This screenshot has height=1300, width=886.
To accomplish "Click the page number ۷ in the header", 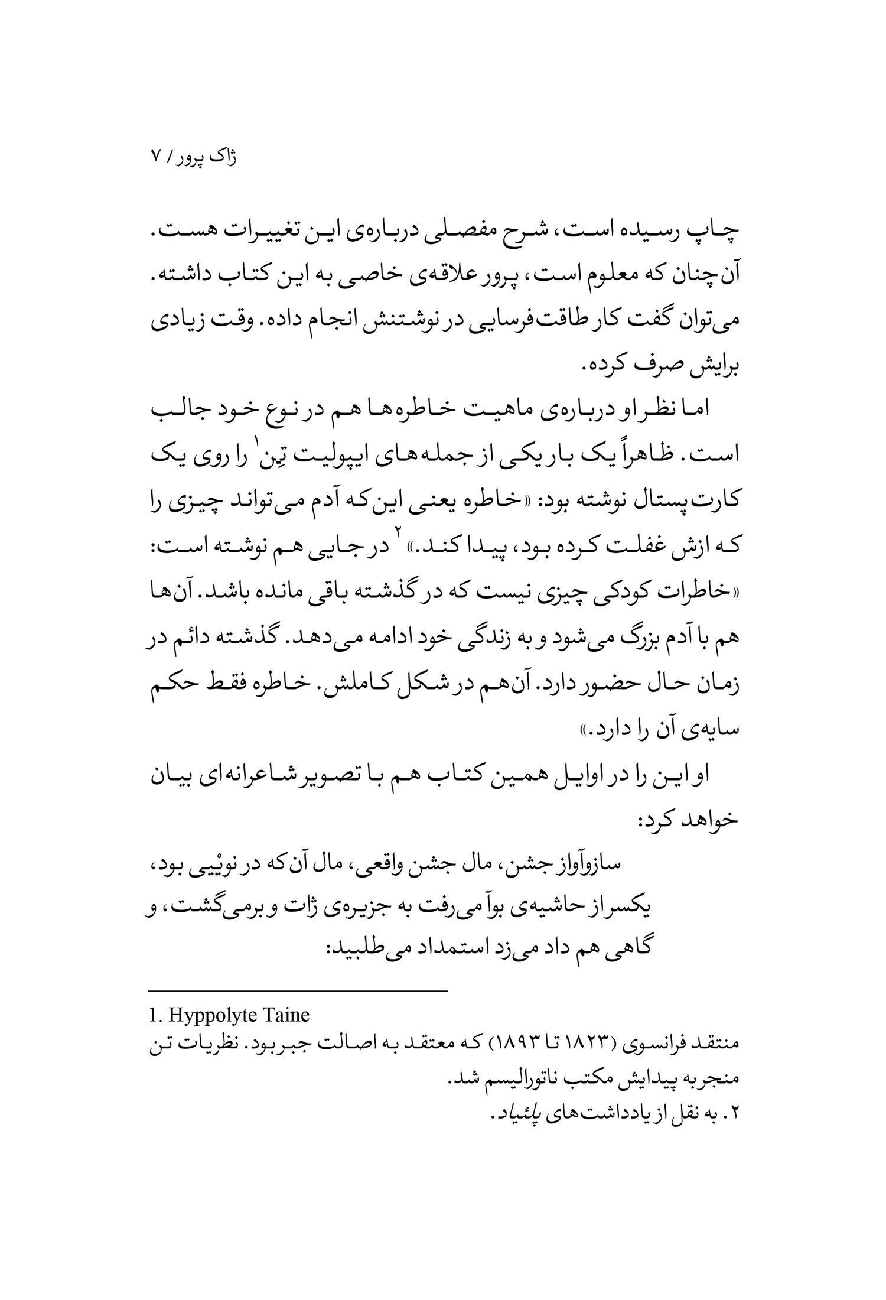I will (x=155, y=157).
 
